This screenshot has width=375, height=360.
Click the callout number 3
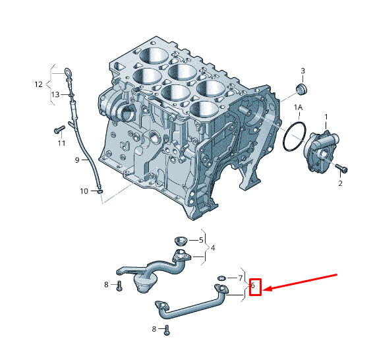click(x=303, y=71)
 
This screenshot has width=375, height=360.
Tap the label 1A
click(x=299, y=107)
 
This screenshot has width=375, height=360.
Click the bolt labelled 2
click(x=341, y=168)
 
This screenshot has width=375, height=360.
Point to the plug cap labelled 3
click(x=302, y=89)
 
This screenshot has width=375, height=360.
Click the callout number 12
click(x=38, y=84)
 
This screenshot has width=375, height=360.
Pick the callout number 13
click(x=55, y=94)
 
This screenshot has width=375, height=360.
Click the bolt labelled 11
click(x=59, y=129)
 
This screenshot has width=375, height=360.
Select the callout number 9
click(x=77, y=160)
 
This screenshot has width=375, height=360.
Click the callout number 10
click(x=84, y=191)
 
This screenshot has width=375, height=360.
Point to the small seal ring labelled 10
click(x=100, y=191)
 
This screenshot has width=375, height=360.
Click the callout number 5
click(x=201, y=240)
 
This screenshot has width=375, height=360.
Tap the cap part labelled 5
click(x=181, y=241)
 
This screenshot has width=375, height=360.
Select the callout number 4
click(x=213, y=248)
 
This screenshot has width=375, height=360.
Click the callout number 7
click(x=241, y=278)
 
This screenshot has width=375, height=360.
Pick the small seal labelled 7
click(x=221, y=278)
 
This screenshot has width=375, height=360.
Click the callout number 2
click(x=340, y=183)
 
